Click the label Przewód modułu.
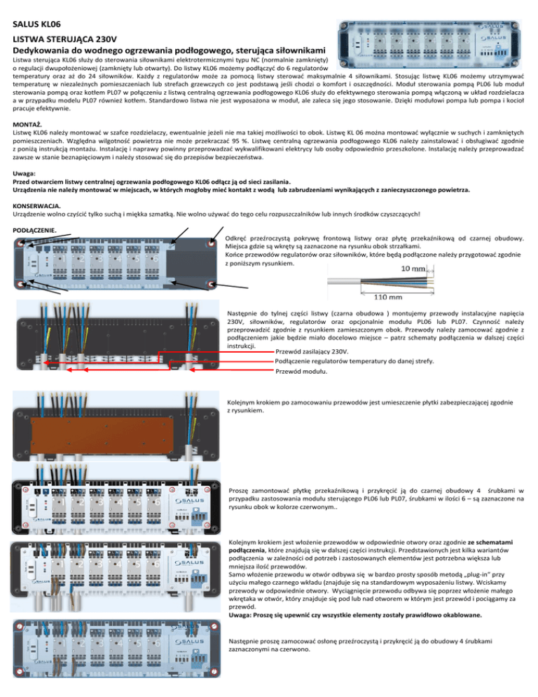coord(301,372)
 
